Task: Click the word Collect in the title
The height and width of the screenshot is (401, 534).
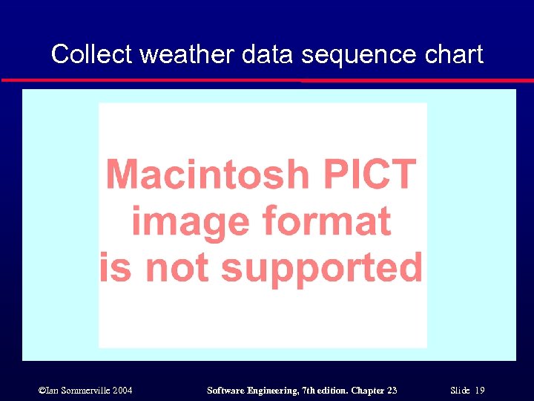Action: (91, 54)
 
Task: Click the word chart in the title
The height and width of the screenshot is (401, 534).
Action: (453, 54)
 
